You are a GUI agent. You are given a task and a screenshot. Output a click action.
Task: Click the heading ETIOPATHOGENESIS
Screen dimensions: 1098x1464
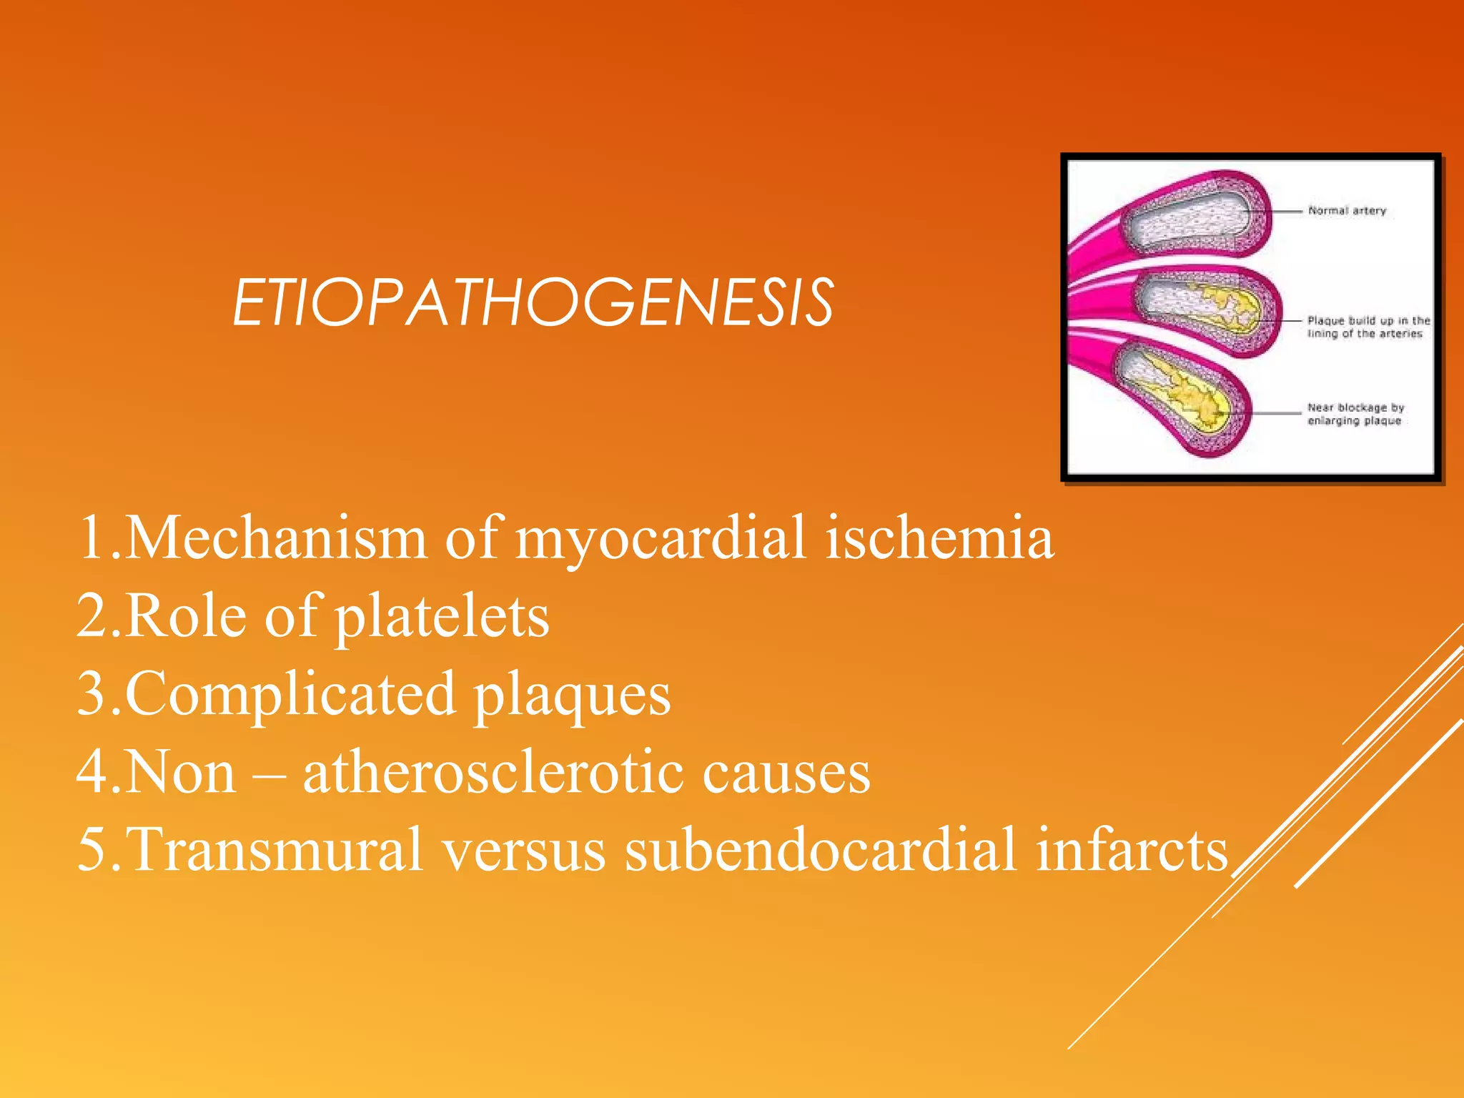[x=533, y=303]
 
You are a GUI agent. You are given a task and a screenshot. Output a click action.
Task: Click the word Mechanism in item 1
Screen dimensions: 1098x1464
[x=276, y=538]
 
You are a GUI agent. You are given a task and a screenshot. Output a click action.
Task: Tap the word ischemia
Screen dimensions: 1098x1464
[x=939, y=538]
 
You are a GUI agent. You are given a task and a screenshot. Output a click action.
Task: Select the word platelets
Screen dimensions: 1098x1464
[x=442, y=616]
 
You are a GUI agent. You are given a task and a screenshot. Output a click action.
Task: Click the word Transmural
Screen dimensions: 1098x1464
[x=274, y=849]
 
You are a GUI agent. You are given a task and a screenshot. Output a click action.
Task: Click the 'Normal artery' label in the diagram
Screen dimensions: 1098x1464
[x=1347, y=211]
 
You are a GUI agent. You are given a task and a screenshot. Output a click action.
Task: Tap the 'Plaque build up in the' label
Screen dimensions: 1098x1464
[x=1368, y=321]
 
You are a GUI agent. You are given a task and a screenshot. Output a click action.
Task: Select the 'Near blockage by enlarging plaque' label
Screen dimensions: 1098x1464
[x=1355, y=414]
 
